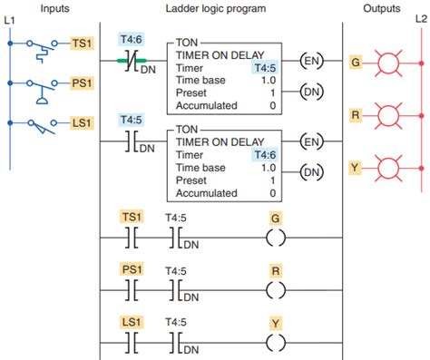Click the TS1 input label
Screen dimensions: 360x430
pyautogui.click(x=81, y=44)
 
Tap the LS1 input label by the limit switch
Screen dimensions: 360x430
pyautogui.click(x=81, y=122)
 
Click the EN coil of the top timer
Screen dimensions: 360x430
pyautogui.click(x=311, y=63)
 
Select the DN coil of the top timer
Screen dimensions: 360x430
pyautogui.click(x=311, y=91)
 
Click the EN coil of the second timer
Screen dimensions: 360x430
pyautogui.click(x=311, y=141)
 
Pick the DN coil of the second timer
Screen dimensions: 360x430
pyautogui.click(x=311, y=170)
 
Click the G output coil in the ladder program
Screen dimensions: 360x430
pyautogui.click(x=276, y=238)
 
